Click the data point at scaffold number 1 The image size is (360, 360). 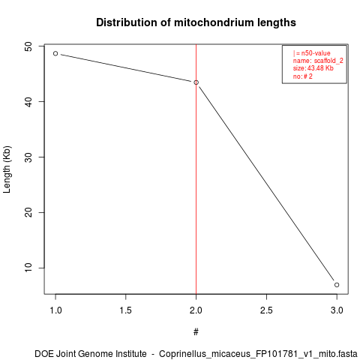click(x=55, y=53)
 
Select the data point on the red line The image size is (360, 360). click(x=196, y=82)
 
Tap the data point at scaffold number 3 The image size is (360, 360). click(x=337, y=285)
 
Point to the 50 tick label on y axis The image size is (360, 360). click(x=29, y=46)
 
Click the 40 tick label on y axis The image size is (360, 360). click(x=29, y=102)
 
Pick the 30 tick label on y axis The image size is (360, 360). click(x=29, y=157)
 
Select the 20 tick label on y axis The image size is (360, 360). click(x=29, y=213)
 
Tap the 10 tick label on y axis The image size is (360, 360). click(x=29, y=268)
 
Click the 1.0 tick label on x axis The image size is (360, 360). click(x=55, y=310)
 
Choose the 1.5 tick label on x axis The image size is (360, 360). click(x=126, y=310)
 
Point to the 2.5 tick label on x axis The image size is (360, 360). click(x=266, y=310)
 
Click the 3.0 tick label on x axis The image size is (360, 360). click(x=337, y=310)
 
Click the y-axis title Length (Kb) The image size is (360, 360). click(x=7, y=169)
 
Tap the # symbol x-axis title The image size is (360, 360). click(x=196, y=332)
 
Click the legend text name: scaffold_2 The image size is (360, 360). click(x=318, y=61)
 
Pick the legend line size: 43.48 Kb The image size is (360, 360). click(x=313, y=68)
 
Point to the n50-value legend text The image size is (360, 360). click(x=316, y=53)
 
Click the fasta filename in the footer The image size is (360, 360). click(x=258, y=354)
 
